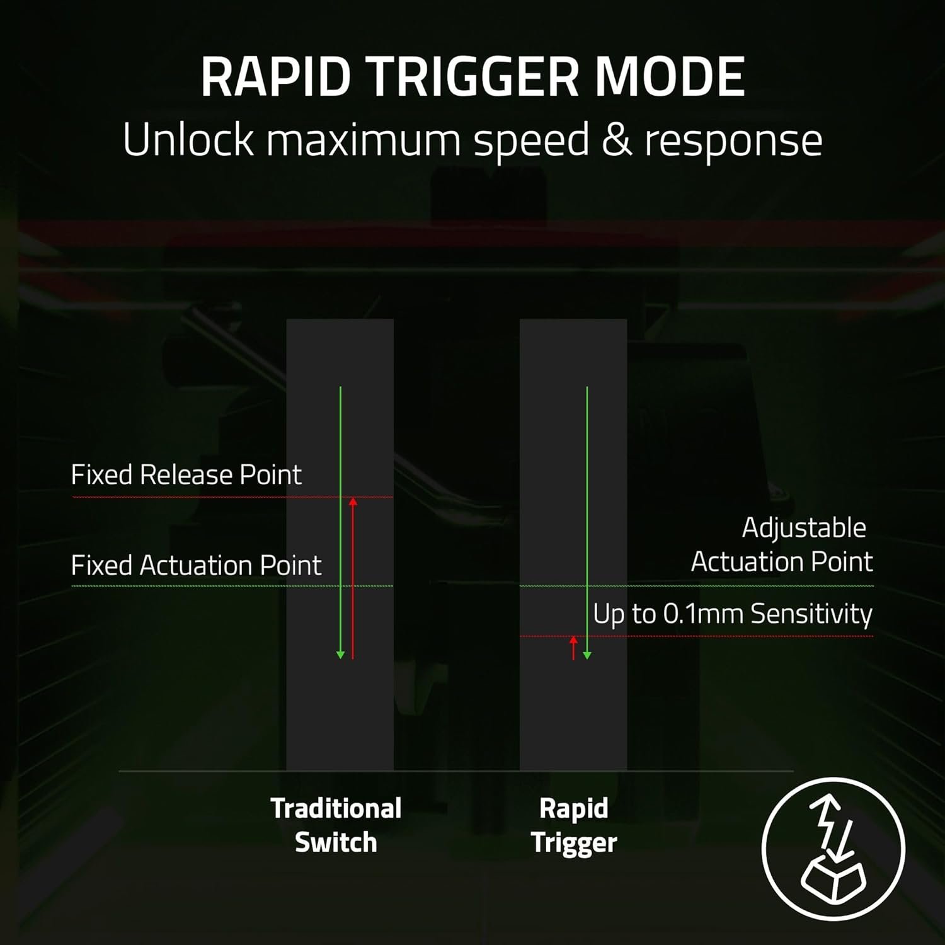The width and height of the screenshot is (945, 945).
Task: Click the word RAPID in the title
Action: click(x=275, y=77)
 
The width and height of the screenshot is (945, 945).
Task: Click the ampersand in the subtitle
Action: click(x=616, y=140)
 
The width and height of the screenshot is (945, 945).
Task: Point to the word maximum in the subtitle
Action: click(x=363, y=140)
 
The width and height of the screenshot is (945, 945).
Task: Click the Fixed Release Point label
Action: click(x=186, y=474)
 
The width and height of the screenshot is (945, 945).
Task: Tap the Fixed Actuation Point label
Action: click(x=196, y=565)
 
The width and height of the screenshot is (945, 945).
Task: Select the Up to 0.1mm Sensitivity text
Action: click(x=732, y=614)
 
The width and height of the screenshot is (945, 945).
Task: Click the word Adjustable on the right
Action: click(x=804, y=528)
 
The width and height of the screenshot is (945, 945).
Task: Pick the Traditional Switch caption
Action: click(x=336, y=825)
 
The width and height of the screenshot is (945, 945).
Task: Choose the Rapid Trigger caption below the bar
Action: click(x=573, y=825)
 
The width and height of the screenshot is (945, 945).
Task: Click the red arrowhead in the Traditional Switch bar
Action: click(x=353, y=501)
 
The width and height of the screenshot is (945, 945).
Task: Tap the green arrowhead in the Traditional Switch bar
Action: click(x=340, y=655)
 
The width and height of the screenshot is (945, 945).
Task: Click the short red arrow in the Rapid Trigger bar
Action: click(x=573, y=648)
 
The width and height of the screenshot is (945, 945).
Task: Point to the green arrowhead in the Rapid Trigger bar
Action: click(x=587, y=655)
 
